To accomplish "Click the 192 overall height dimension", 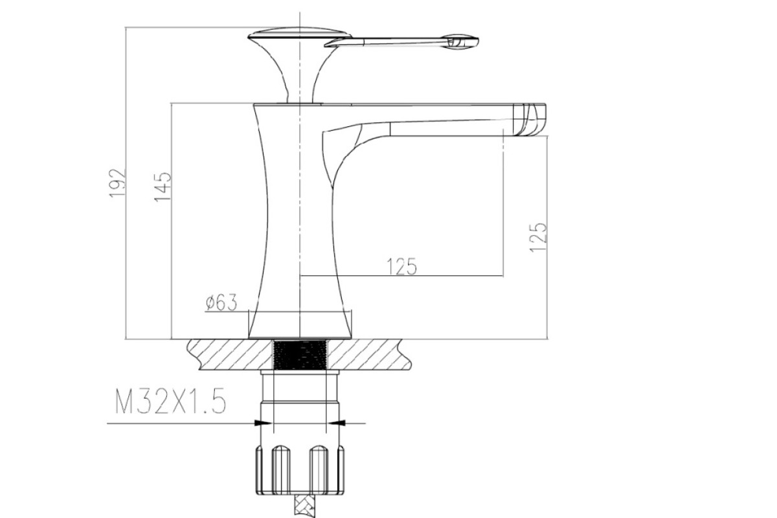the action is [117, 183].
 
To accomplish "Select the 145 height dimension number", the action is [163, 186].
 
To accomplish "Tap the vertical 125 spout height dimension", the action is [538, 238].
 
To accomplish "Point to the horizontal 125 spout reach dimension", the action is [401, 267].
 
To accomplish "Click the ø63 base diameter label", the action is [221, 302].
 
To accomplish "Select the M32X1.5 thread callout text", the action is [170, 401].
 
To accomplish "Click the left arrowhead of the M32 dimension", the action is [263, 423].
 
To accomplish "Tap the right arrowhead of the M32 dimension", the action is [337, 423].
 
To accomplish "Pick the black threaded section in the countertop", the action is [300, 355].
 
